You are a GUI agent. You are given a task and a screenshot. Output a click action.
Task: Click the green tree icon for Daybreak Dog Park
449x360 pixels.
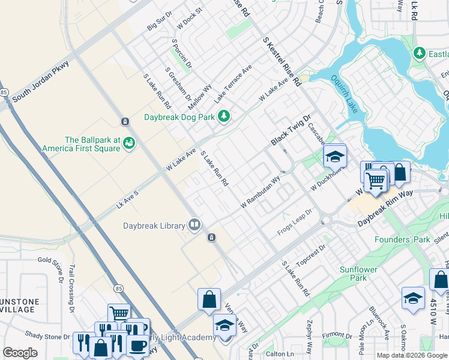pos(224,116)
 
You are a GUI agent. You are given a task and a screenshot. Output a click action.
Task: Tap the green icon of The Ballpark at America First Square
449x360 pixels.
pos(129,143)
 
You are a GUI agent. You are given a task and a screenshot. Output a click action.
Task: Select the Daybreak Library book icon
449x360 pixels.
pos(194,225)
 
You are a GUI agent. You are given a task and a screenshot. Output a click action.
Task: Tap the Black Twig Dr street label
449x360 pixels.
pos(291,130)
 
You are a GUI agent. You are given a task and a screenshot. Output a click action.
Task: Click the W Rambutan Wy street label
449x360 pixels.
pos(261,192)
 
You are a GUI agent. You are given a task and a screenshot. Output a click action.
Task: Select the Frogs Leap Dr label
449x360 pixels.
pos(295,222)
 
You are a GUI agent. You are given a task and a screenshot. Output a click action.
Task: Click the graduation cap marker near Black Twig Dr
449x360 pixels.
pos(335,157)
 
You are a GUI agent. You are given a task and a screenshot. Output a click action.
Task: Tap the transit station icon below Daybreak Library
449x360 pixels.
pos(211,238)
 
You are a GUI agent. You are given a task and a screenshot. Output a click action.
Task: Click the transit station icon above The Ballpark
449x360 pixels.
pos(124,122)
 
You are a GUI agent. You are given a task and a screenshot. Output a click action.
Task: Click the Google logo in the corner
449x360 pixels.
pos(20,353)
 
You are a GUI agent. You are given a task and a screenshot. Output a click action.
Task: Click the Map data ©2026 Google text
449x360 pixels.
pos(411,355)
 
